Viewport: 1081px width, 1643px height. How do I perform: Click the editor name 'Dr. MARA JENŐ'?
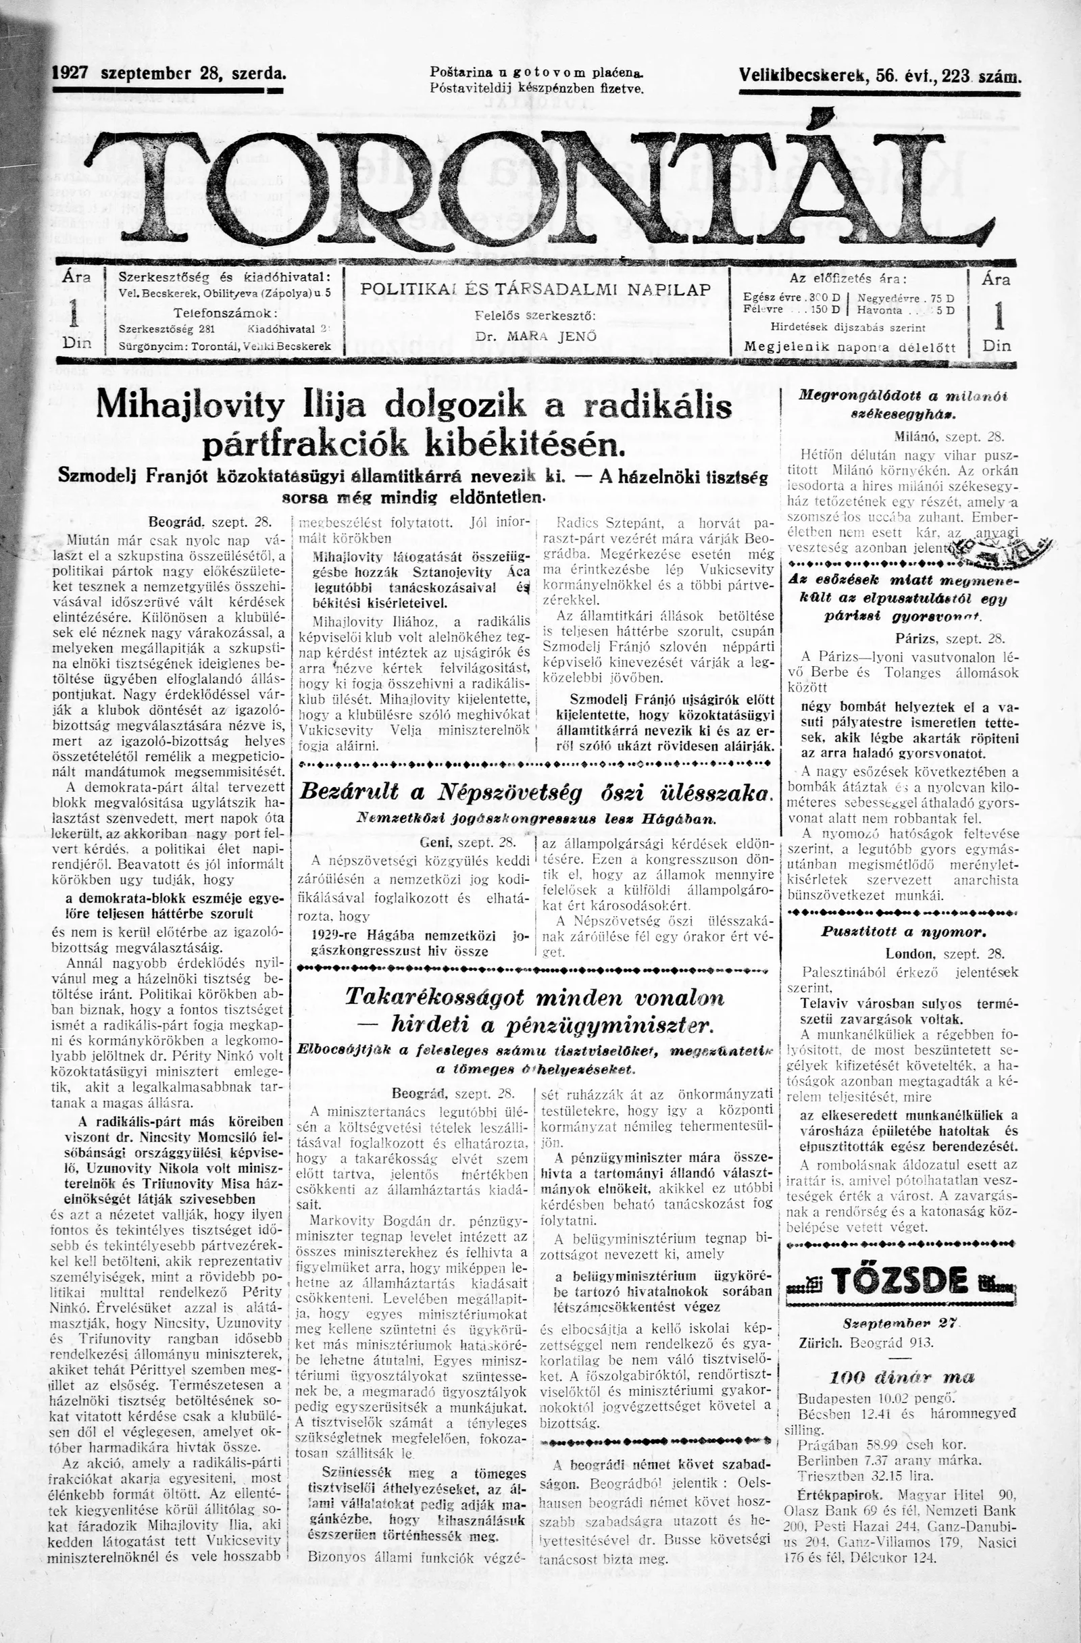(x=536, y=337)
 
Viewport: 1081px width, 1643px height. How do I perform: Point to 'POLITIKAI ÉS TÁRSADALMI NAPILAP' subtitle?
(x=536, y=290)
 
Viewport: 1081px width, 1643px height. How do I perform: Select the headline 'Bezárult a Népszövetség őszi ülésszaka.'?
(x=536, y=791)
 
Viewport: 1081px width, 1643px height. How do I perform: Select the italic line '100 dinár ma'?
(x=901, y=1358)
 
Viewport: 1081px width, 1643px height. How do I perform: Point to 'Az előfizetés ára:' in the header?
(x=849, y=280)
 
